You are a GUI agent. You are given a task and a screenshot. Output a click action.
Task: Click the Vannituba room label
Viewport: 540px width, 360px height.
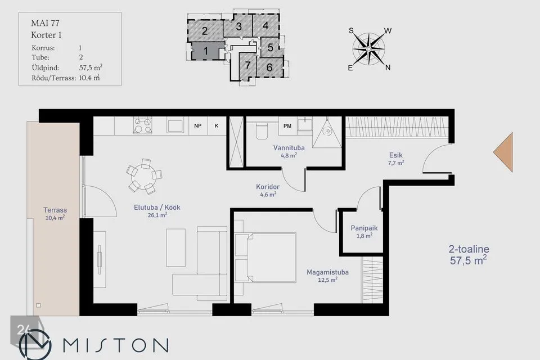[289, 148]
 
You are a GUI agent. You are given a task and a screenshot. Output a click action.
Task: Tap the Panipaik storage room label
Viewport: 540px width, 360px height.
[364, 228]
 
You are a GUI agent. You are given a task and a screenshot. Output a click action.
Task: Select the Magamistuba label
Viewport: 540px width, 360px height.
[327, 272]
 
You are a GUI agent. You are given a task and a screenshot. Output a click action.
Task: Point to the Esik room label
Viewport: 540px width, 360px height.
[395, 155]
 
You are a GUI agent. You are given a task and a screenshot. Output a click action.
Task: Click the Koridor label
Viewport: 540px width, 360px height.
[268, 187]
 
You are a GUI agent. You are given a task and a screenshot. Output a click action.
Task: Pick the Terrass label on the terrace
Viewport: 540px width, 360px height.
[55, 210]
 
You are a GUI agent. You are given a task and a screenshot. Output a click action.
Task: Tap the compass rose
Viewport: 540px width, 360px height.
[369, 49]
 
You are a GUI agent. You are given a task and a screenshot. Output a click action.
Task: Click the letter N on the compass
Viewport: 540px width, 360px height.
[388, 67]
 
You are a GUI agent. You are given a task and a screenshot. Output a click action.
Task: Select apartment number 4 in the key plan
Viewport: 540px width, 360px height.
[265, 26]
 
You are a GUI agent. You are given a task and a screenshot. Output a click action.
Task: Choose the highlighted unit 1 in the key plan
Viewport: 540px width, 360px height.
[206, 51]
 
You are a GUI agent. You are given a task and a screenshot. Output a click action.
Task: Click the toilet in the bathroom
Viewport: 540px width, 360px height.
[262, 130]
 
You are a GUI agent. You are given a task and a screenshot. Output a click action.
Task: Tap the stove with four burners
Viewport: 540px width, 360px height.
[142, 125]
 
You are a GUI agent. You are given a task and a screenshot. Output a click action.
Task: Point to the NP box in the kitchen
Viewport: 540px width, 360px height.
[197, 126]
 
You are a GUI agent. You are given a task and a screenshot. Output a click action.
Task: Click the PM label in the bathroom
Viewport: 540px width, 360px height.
[287, 126]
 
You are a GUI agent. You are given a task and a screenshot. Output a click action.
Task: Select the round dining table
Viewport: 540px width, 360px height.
[144, 175]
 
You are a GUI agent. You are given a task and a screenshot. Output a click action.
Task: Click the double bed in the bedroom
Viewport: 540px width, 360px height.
[265, 258]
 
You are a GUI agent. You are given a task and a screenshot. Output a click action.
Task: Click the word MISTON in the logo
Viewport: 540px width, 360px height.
[116, 345]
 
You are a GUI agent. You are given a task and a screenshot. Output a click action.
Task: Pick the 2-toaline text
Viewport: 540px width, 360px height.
[469, 249]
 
